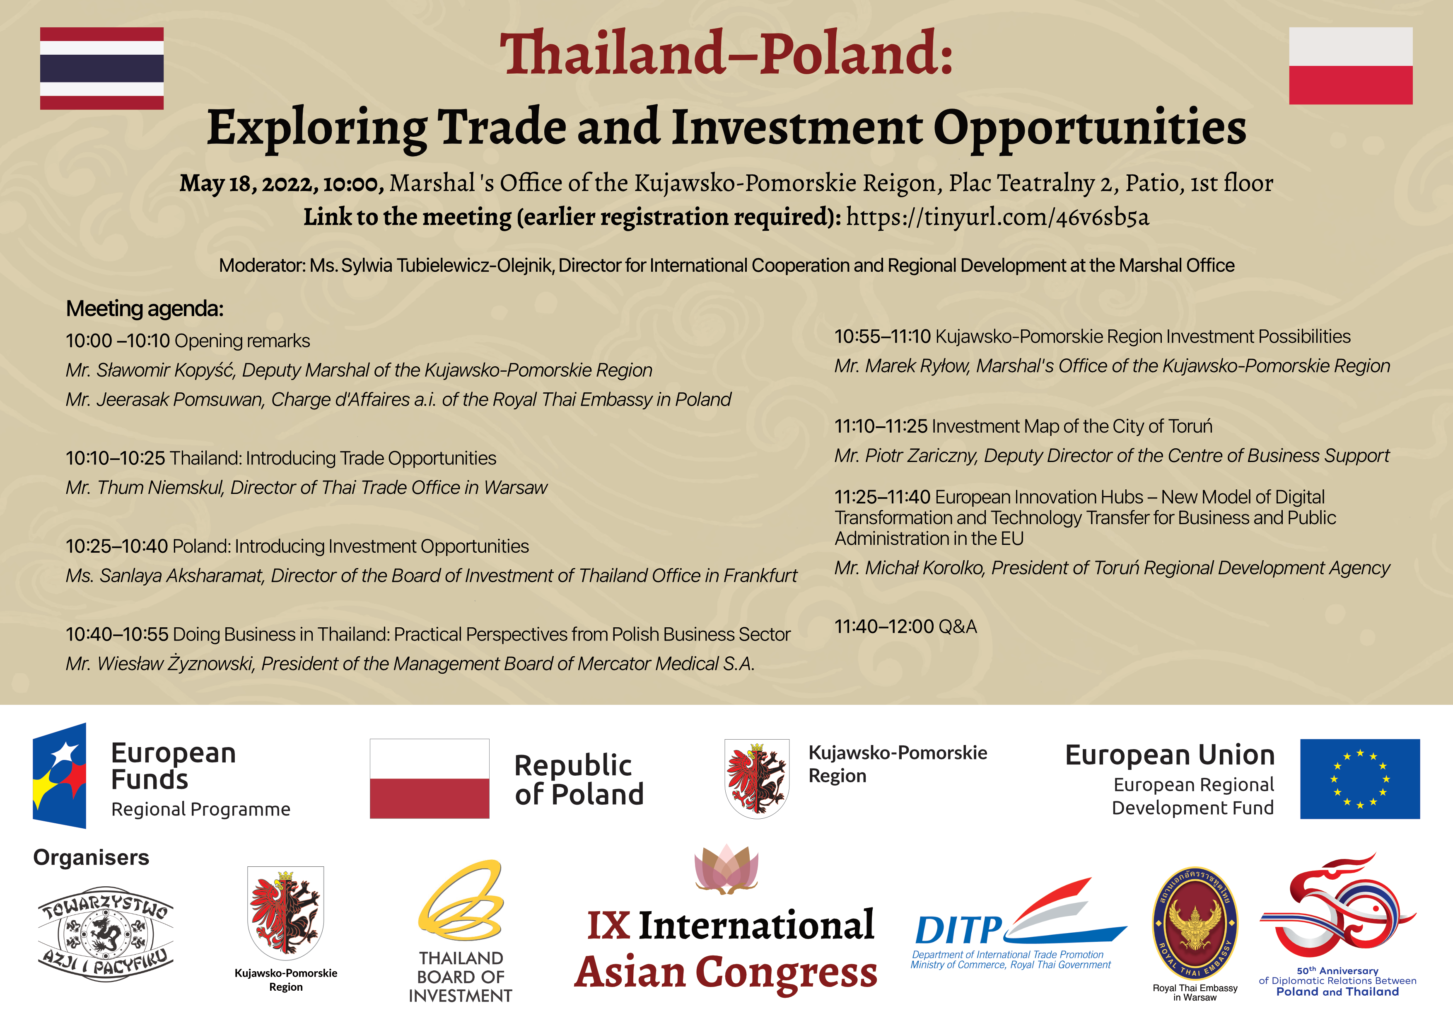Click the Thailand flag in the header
tap(102, 68)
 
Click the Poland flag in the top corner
tap(1350, 66)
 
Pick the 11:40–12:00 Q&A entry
tap(905, 626)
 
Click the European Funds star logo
tap(60, 775)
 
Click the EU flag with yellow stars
tap(1360, 779)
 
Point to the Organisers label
tap(91, 858)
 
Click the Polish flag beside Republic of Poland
tap(430, 779)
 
